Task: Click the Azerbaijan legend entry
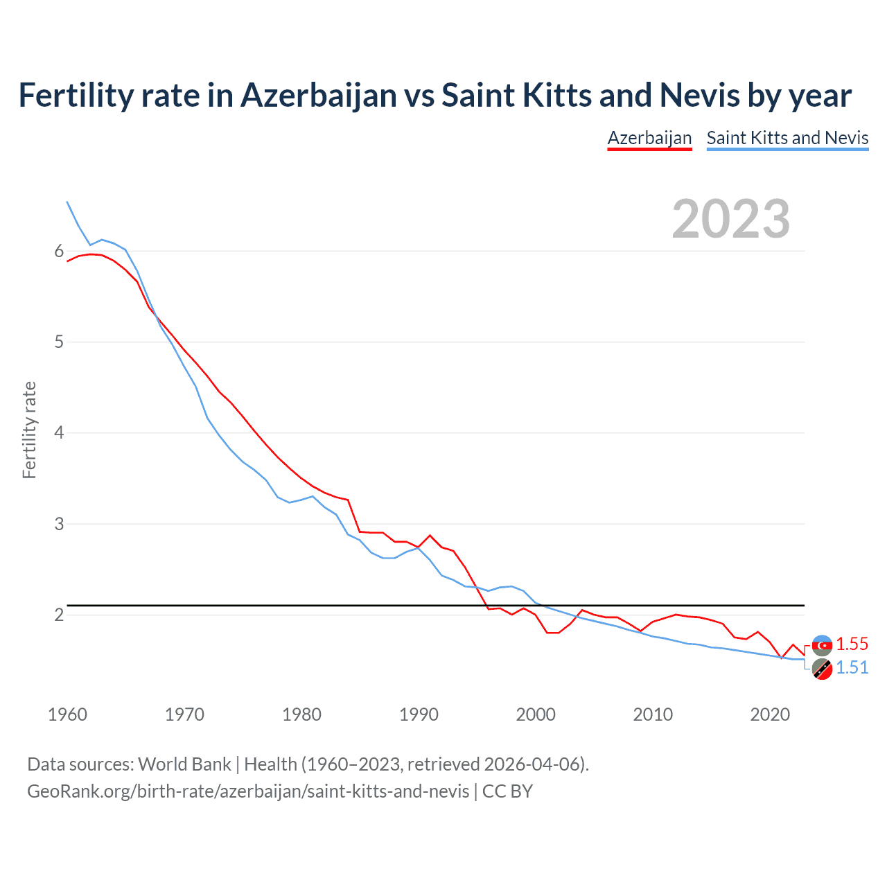(649, 138)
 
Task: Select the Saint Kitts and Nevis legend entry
(787, 138)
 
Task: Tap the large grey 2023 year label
(730, 219)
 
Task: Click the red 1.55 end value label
(852, 644)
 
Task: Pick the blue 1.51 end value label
(852, 667)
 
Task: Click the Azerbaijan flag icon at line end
(822, 645)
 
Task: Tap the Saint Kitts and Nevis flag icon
(822, 669)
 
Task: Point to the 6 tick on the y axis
(59, 251)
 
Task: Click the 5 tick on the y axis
(59, 342)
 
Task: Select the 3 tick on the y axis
(59, 524)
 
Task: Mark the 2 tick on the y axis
(59, 615)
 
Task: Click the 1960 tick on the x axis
(67, 714)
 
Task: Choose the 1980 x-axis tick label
(301, 714)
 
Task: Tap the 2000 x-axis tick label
(536, 714)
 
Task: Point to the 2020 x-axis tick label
(770, 714)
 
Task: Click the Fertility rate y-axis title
(29, 430)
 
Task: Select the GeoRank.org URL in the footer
(248, 791)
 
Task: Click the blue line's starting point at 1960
(67, 202)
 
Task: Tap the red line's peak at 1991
(430, 535)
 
